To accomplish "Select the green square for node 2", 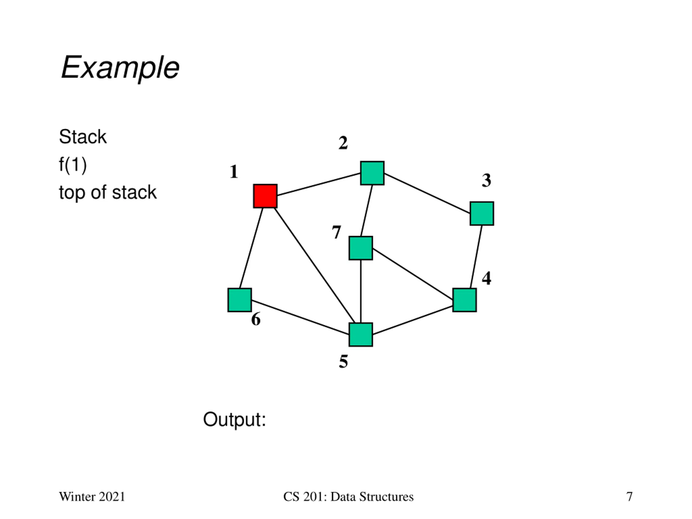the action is coord(372,173).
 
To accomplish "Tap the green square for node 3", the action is coord(482,213).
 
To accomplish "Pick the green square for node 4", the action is coord(465,300).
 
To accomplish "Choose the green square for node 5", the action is coord(361,335).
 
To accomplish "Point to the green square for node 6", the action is coord(240,300).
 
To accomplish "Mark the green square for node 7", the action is coord(361,248).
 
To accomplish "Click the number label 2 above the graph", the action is coord(343,143).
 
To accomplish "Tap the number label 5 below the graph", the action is coord(344,362).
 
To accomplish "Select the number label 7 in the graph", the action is coord(336,232).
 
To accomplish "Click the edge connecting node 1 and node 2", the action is coord(319,184).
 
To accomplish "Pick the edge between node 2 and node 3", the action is coord(427,193).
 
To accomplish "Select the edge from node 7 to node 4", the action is coord(413,274).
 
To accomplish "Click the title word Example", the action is coord(120,68).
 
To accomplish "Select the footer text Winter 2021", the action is coord(92,497).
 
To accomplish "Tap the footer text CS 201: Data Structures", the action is coord(348,497).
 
